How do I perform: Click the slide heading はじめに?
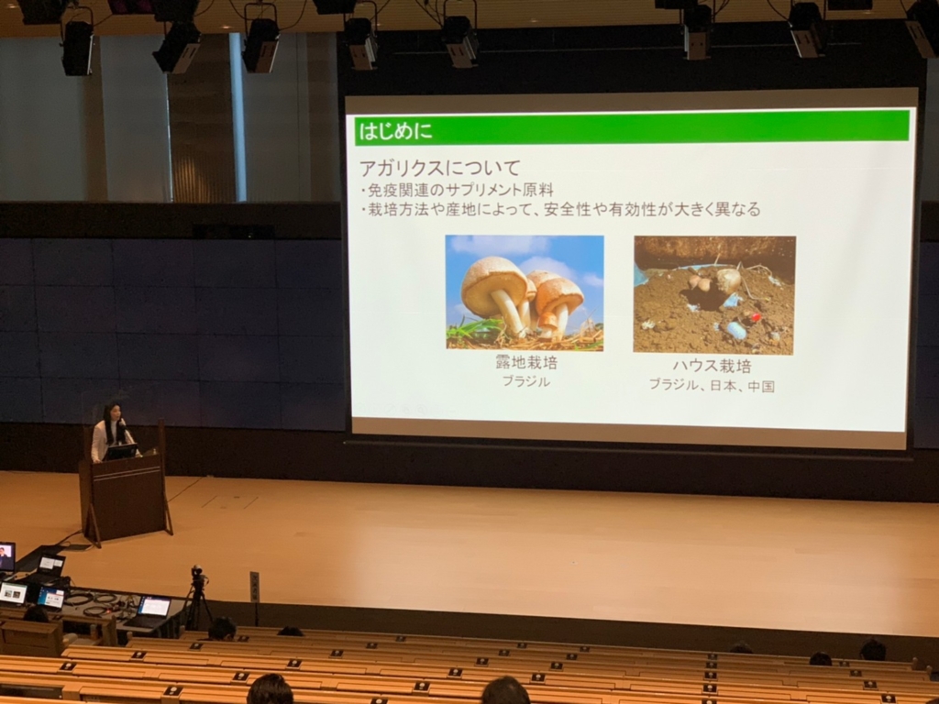[395, 130]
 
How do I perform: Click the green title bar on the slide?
[633, 127]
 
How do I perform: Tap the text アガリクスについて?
[439, 167]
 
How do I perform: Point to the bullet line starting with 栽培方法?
[560, 210]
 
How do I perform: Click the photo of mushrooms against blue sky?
[525, 292]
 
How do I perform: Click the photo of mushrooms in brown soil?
[714, 295]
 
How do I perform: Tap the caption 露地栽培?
[526, 362]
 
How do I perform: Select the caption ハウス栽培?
[712, 366]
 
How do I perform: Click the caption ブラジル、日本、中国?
[712, 386]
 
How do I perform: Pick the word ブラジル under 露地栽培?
[525, 381]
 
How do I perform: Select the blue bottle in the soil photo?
[736, 330]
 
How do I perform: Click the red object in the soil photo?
[756, 316]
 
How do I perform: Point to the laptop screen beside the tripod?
[154, 607]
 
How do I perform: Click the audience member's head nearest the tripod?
[222, 629]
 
